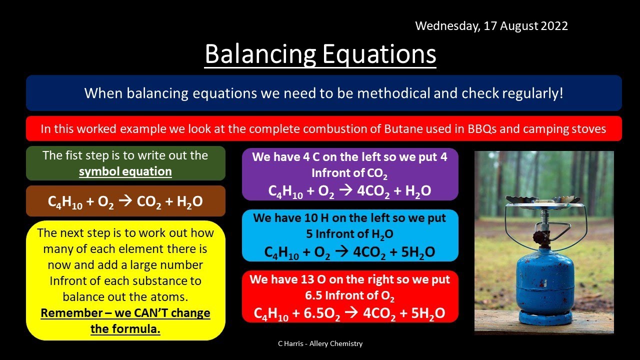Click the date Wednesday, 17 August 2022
click(491, 26)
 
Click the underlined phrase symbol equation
click(125, 171)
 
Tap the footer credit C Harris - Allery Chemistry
click(320, 343)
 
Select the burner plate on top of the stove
click(543, 199)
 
